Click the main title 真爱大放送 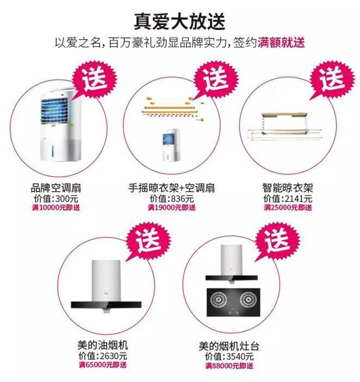[x=179, y=22]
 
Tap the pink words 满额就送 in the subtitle [x=281, y=43]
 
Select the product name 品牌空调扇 [x=56, y=188]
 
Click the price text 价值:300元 [x=56, y=199]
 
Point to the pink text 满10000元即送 [x=56, y=208]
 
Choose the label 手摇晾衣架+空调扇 [x=172, y=188]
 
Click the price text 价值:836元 [x=172, y=199]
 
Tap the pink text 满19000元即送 [x=172, y=208]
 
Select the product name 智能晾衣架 [x=287, y=188]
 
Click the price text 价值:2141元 [x=287, y=199]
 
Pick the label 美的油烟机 [x=103, y=345]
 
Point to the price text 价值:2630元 [x=103, y=356]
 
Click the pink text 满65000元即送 [x=103, y=365]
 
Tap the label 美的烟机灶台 [x=229, y=346]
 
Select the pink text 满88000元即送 [x=229, y=366]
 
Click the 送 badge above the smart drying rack [x=332, y=79]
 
